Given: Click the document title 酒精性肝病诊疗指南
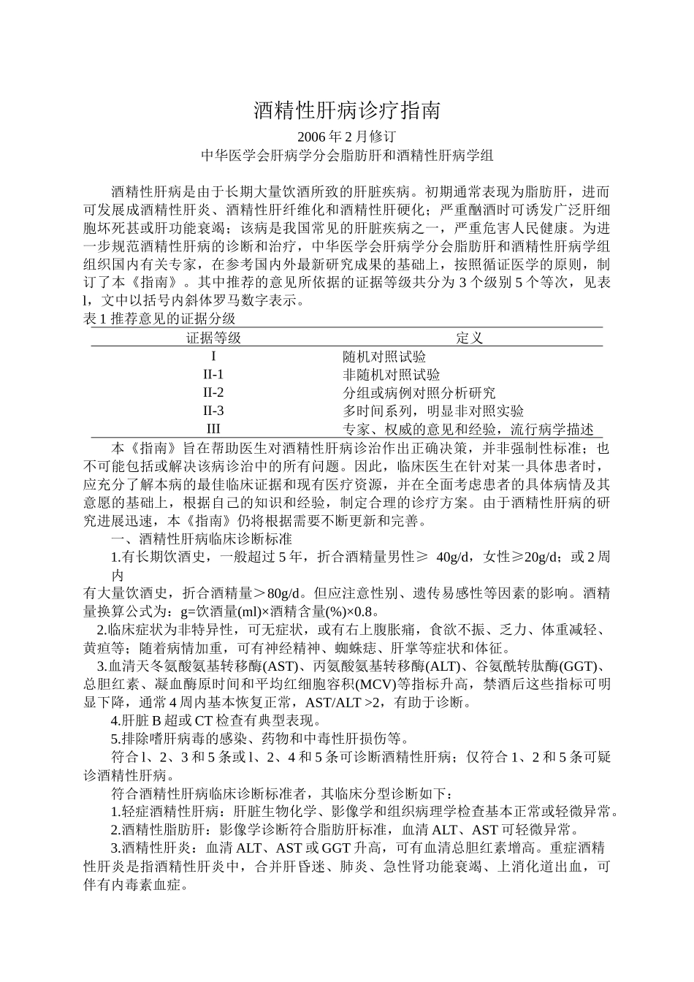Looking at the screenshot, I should click(347, 111).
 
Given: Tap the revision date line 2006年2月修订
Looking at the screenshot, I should click(347, 137).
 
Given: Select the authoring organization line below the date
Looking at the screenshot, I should click(347, 155).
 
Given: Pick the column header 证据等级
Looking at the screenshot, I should click(213, 338).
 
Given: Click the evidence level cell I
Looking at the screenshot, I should click(213, 357).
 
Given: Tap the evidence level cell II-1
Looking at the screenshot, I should click(213, 375).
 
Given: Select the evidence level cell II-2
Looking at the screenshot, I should click(213, 393).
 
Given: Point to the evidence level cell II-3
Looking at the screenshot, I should click(213, 411).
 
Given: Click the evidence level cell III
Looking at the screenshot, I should click(213, 429).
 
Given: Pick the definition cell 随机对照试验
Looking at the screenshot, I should click(384, 357).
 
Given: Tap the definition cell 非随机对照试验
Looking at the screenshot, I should click(392, 375).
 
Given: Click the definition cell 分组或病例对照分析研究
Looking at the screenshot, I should click(419, 393).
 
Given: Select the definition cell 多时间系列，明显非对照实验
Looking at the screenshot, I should click(433, 411).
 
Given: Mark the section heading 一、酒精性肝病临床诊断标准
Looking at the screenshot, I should click(201, 539).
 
